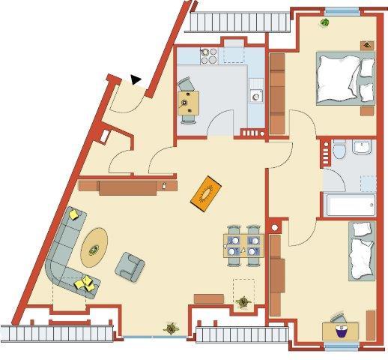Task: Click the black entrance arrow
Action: [136, 78]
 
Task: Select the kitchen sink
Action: [256, 95]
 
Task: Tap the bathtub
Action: [348, 205]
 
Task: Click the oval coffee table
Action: [94, 246]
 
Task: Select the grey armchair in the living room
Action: [130, 263]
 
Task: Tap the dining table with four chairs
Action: [243, 245]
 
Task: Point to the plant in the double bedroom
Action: [324, 22]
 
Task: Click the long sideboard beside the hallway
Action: [127, 185]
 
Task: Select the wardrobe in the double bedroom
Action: [277, 94]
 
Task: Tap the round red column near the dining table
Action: [275, 226]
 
